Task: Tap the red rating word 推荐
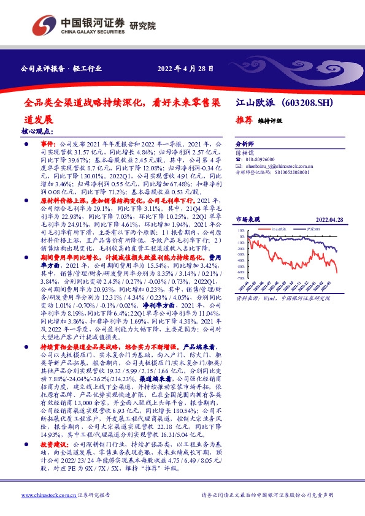tap(244, 121)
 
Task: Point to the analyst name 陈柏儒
tap(245, 150)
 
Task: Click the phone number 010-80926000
tap(262, 158)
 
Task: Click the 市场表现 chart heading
tap(248, 219)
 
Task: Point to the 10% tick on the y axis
tap(242, 231)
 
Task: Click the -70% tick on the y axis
tap(241, 278)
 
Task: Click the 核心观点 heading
tap(37, 131)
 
